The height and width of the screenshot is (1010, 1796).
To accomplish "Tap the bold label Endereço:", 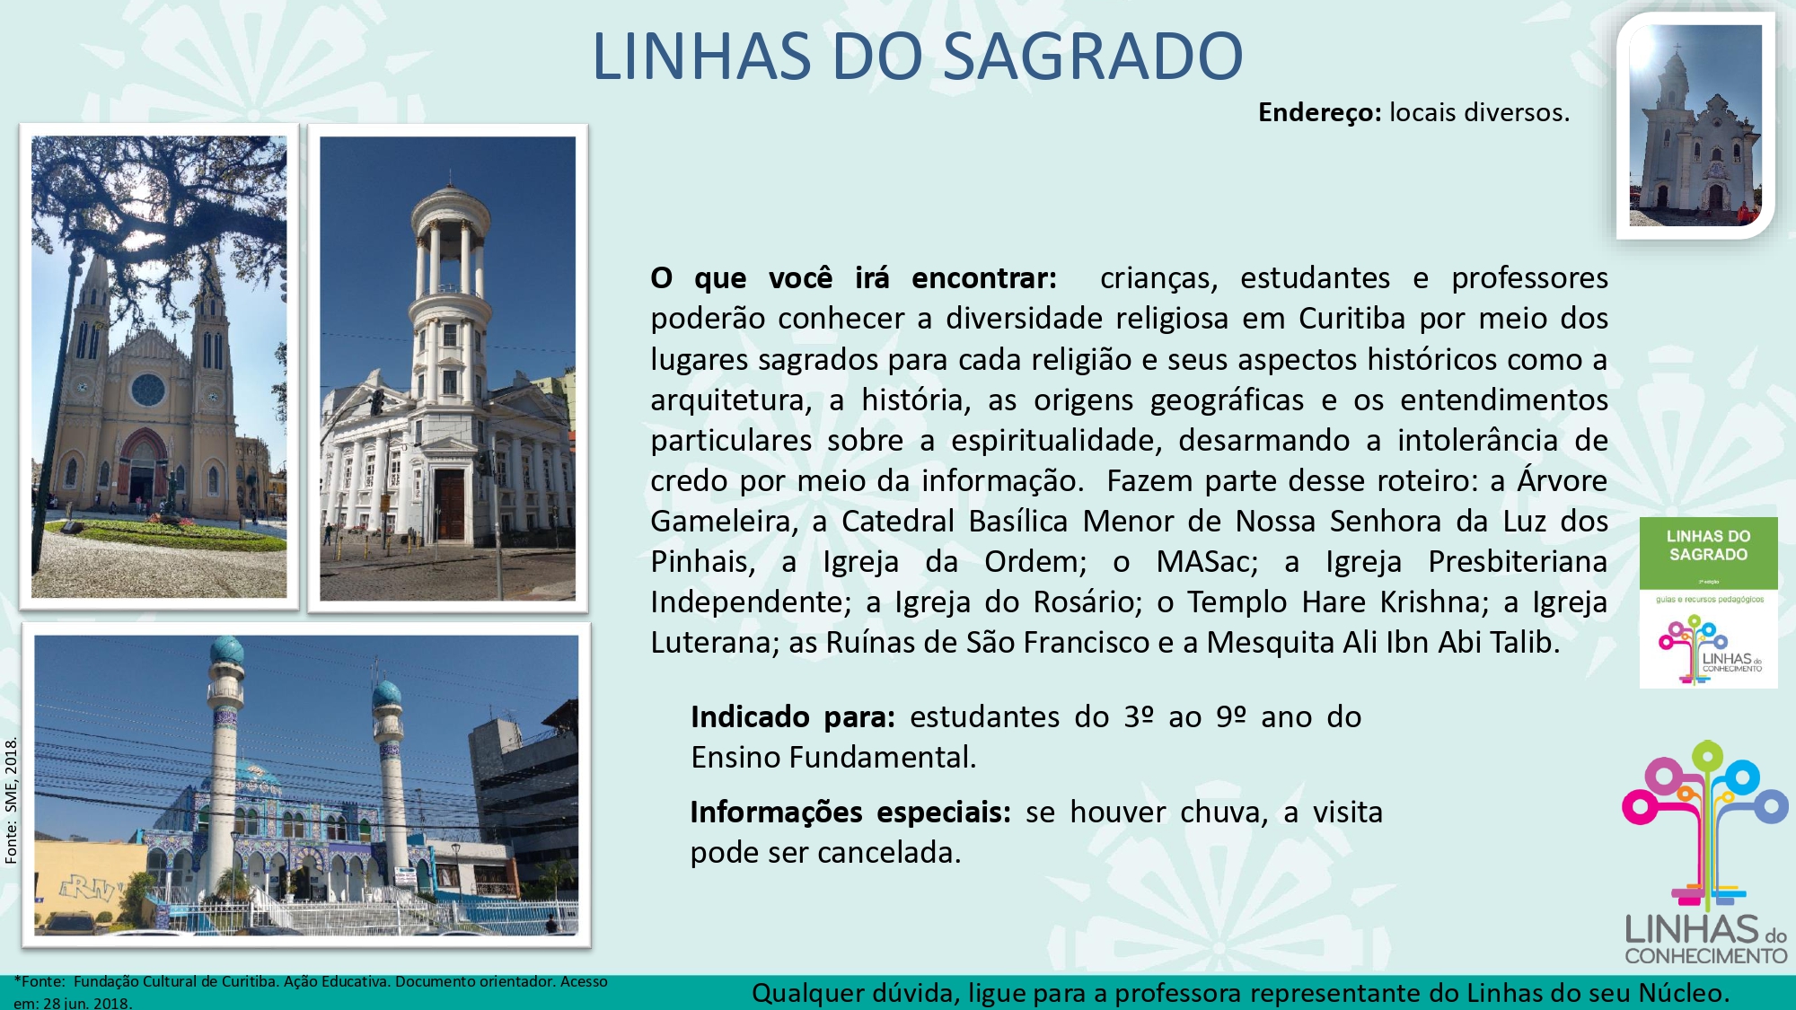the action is (1319, 112).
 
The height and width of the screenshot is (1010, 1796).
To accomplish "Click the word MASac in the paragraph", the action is (1207, 562).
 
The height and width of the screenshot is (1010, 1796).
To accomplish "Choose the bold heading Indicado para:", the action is (793, 717).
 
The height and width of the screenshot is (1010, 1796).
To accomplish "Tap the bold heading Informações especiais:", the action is (850, 812).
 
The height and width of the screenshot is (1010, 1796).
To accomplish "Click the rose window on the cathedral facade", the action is (148, 390).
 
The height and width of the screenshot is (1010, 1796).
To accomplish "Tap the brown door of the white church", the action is (450, 505).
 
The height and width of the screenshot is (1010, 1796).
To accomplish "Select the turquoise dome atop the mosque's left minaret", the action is (226, 652).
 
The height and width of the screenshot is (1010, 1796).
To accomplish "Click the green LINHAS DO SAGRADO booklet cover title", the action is (1708, 546).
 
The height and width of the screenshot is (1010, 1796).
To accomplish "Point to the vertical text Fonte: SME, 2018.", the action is (11, 801).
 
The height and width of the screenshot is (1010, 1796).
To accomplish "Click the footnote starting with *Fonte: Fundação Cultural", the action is (311, 992).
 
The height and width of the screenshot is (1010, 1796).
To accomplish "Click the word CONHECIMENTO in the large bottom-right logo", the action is (1705, 956).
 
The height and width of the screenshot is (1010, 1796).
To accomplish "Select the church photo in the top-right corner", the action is (1695, 126).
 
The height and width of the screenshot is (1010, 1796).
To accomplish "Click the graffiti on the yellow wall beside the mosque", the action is (90, 889).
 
